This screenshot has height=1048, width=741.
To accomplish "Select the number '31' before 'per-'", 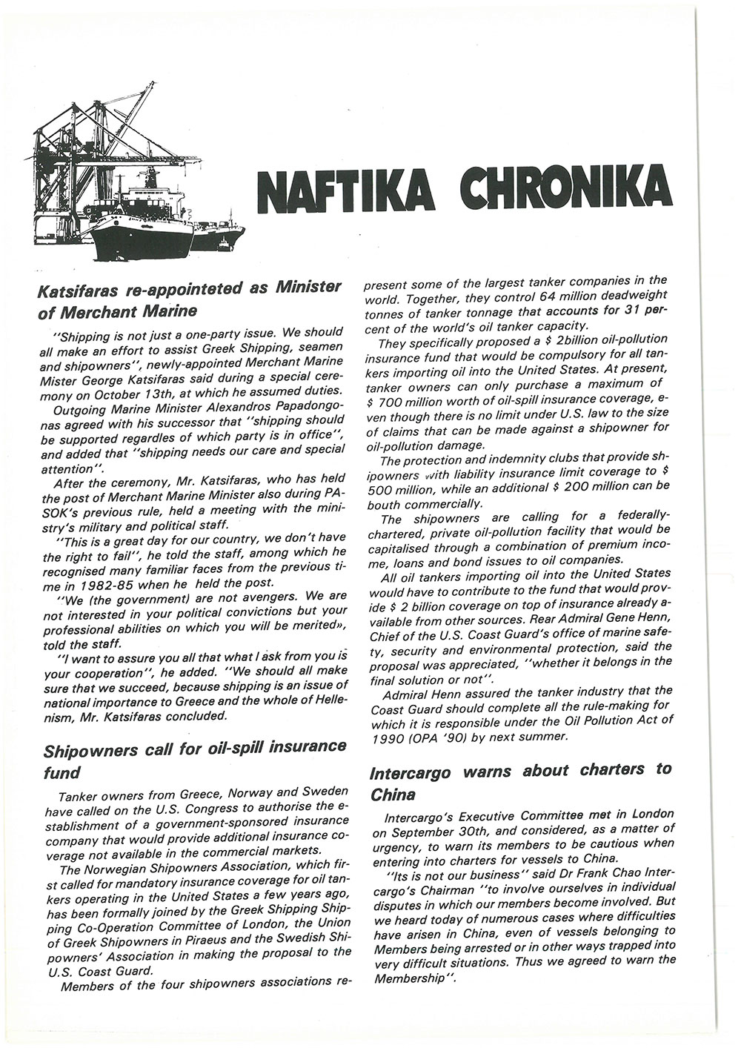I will (x=630, y=312).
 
